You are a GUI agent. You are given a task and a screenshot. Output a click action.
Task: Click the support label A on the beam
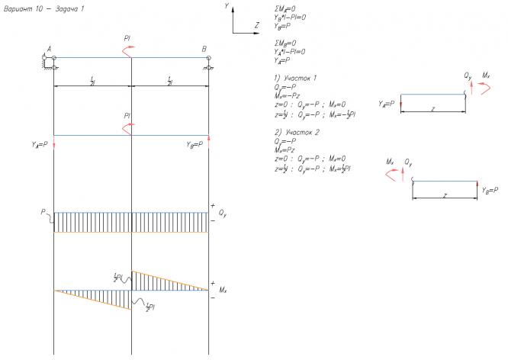[x=49, y=50]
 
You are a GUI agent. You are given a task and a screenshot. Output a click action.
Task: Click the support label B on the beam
[x=204, y=50]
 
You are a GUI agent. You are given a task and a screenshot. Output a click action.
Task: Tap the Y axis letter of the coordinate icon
[x=227, y=5]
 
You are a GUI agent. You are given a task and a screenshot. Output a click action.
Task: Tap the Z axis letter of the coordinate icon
[x=256, y=25]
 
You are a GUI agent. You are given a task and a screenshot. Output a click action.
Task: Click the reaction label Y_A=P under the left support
[x=39, y=144]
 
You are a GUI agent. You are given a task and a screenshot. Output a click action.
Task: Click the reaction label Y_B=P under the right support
[x=195, y=144]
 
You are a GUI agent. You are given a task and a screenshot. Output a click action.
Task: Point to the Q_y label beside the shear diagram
[x=222, y=214]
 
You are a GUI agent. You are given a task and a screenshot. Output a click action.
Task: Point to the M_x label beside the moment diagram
[x=222, y=290]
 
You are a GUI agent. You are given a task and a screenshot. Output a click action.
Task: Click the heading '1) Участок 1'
[x=295, y=79]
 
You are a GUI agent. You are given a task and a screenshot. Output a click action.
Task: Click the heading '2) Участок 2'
[x=295, y=132]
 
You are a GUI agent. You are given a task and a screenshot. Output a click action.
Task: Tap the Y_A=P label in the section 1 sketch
[x=388, y=103]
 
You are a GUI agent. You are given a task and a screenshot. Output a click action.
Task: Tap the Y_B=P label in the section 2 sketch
[x=490, y=189]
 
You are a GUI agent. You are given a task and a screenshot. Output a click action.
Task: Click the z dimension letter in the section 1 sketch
[x=432, y=110]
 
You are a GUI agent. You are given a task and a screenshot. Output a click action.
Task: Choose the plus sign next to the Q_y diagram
[x=212, y=206]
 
